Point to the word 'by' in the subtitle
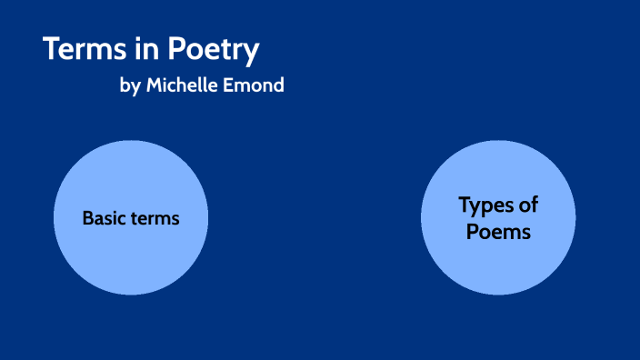click(130, 86)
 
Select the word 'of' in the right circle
click(528, 205)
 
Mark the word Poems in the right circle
click(498, 232)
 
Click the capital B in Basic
click(87, 218)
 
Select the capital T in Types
click(465, 205)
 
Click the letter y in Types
click(478, 207)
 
